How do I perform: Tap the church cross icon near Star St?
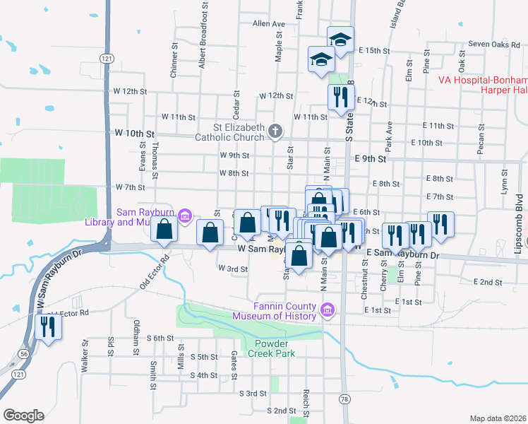coord(276,131)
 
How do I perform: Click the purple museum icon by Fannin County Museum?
coord(327,310)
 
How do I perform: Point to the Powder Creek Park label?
coord(274,348)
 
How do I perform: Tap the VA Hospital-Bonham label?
coord(482,80)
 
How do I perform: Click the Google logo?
coord(23,415)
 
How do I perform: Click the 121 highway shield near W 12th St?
coord(107,57)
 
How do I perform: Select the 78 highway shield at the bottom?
coord(344,399)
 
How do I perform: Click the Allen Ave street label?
coord(268,23)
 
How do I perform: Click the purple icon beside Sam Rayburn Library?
coord(185,216)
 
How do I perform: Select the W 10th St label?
coord(134,132)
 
